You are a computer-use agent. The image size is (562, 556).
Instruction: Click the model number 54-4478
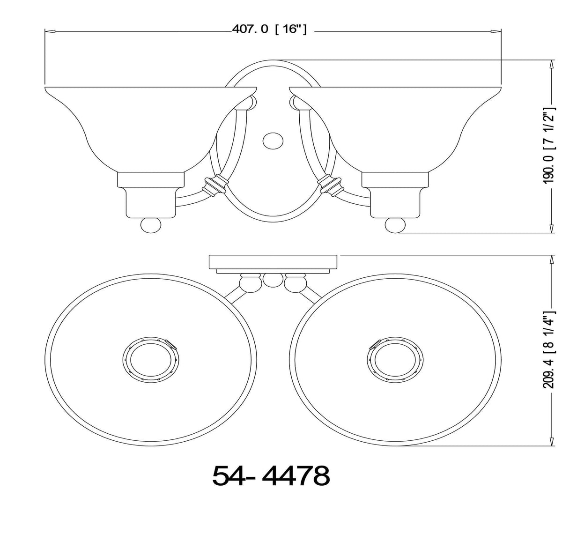tap(271, 476)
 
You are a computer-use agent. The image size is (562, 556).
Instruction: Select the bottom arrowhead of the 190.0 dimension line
tap(548, 229)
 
